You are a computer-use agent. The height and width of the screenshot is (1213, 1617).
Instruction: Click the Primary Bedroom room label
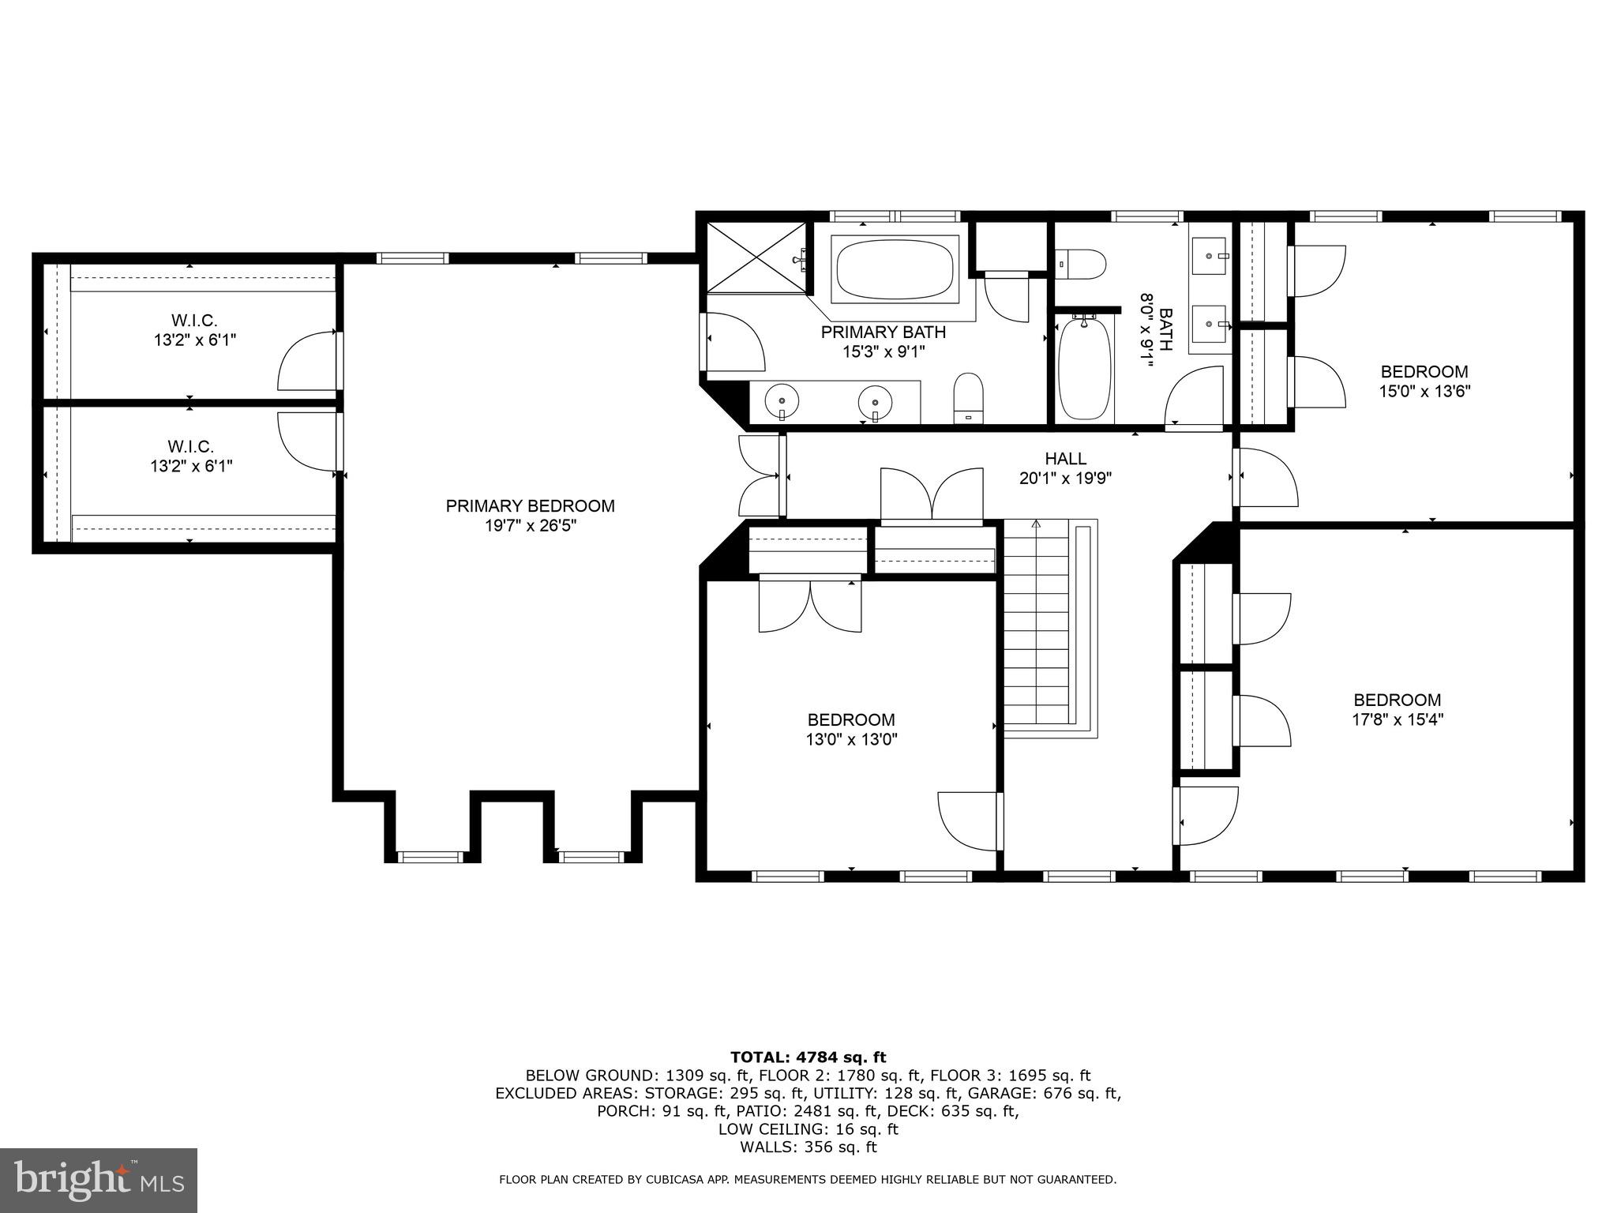[530, 506]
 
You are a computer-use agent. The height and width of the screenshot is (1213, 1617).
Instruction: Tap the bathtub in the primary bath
[895, 269]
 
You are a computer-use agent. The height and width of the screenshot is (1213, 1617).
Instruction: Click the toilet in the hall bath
[1082, 263]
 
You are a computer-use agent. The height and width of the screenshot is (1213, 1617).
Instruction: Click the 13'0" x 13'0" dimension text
[851, 740]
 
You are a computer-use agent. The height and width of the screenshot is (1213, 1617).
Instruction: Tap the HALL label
[1065, 459]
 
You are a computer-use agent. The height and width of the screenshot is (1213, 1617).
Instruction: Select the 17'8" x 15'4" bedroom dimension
[1397, 719]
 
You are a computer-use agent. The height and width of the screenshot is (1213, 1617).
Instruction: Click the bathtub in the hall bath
[1084, 368]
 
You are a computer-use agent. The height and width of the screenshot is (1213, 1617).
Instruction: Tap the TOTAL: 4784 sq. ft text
[808, 1057]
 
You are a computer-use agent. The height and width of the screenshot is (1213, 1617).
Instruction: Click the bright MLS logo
[99, 1180]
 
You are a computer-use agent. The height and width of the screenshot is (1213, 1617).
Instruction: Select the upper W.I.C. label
[194, 321]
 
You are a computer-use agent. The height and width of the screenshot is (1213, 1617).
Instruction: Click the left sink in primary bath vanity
[782, 400]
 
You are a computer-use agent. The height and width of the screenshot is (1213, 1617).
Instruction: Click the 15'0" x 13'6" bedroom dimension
[1424, 391]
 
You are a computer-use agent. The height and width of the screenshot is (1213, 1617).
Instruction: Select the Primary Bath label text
[883, 332]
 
